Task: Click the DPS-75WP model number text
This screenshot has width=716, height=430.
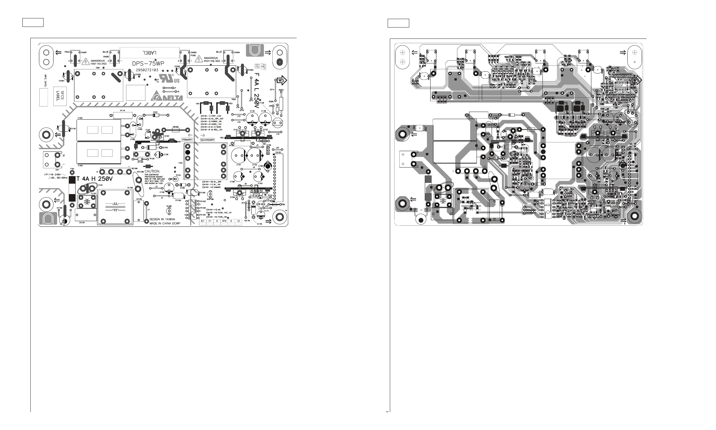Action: pos(148,64)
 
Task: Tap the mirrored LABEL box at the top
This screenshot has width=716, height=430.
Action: pos(149,53)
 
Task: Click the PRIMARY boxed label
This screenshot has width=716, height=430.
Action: pos(187,140)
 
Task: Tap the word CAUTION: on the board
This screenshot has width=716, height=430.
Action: pos(152,171)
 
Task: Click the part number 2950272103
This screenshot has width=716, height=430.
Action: pos(147,70)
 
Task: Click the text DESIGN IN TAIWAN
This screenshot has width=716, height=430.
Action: pos(162,219)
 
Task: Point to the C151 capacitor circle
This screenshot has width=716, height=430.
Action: pos(239,156)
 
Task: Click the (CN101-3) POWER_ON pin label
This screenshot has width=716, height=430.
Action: pos(211,121)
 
